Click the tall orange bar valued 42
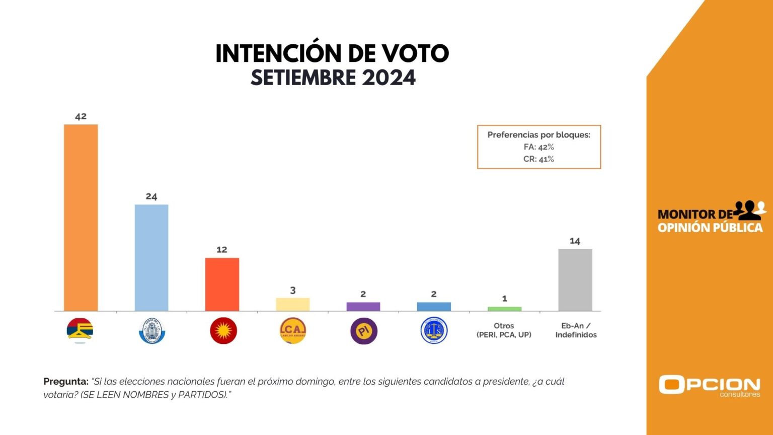point(81,217)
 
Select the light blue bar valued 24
point(151,257)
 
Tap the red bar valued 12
point(222,284)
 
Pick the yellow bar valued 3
point(292,304)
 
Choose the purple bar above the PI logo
point(363,306)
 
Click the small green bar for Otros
point(504,309)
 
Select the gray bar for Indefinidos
point(575,279)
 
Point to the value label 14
point(575,241)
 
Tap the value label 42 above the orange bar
point(81,116)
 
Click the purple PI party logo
point(363,331)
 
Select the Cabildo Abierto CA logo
point(292,331)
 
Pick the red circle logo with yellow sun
point(223,331)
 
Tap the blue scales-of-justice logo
point(434,331)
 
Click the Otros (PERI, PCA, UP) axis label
point(504,330)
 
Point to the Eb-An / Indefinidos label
point(576,330)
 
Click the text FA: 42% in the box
point(538,147)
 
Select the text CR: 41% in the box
point(538,159)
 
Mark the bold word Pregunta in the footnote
point(66,382)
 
